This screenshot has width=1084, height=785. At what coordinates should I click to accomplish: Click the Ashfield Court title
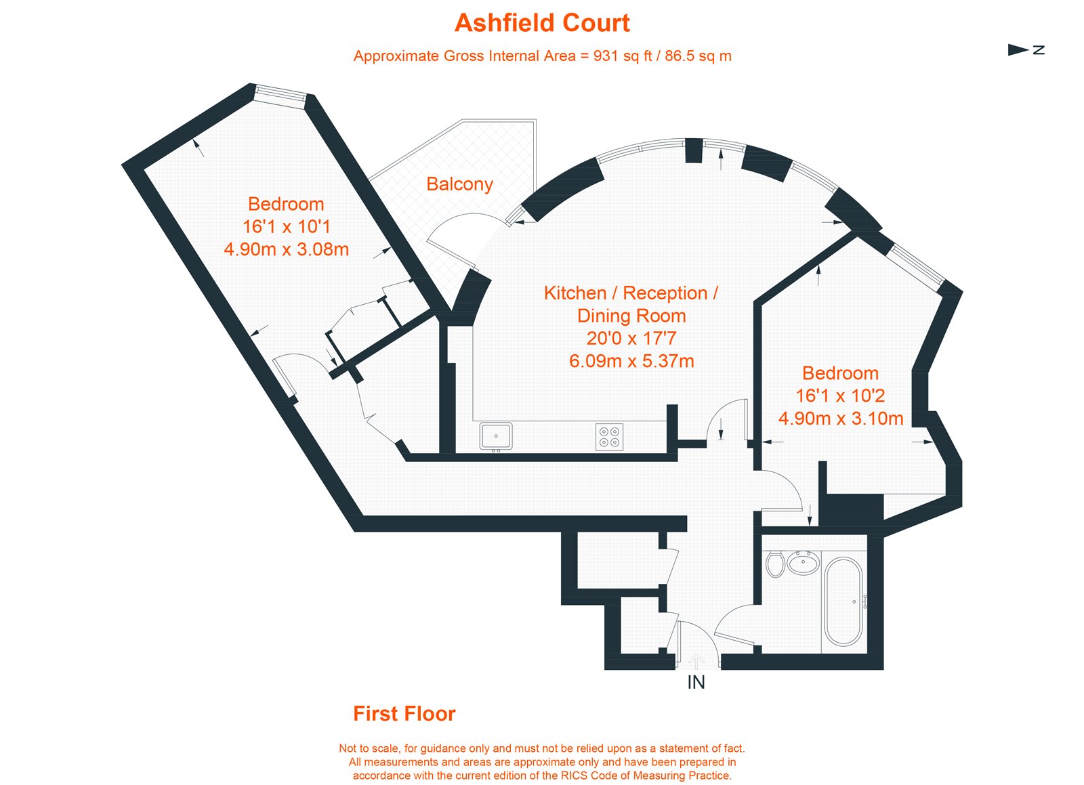coord(542,23)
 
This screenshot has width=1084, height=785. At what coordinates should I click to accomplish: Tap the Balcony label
coord(459,184)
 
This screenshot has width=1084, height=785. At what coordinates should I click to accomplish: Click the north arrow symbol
coord(1018,49)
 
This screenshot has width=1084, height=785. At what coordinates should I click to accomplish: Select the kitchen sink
coord(496,436)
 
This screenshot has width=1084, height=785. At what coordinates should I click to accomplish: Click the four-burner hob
coord(609,437)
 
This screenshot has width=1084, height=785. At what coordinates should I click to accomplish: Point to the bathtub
coord(843,601)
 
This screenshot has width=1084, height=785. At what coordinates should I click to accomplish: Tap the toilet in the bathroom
coord(775,564)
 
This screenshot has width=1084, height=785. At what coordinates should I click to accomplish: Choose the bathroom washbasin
coord(804,563)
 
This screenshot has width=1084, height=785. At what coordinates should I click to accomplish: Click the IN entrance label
coord(696,682)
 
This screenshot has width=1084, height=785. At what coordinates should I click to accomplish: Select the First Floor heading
coord(404,714)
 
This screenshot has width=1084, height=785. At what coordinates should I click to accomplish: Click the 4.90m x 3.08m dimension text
coord(287,249)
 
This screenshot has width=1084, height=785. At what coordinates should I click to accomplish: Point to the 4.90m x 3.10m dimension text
coord(841,419)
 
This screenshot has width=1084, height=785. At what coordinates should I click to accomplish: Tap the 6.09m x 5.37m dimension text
coord(631,361)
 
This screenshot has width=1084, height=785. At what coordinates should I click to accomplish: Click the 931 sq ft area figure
coord(616,56)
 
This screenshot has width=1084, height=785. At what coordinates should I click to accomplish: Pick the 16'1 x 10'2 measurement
coord(840,396)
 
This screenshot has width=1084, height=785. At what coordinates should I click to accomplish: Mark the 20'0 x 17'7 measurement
coord(631,338)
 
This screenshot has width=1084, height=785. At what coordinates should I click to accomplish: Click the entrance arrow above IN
coord(696,662)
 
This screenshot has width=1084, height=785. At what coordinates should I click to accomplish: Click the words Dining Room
coord(631,316)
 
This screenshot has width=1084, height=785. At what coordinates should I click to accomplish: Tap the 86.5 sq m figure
coord(698,56)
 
